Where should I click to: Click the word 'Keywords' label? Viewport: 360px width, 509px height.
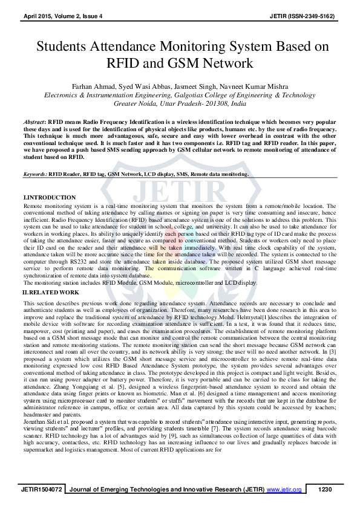tap(35, 174)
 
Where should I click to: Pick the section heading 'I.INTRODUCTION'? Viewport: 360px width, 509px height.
tap(50, 198)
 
